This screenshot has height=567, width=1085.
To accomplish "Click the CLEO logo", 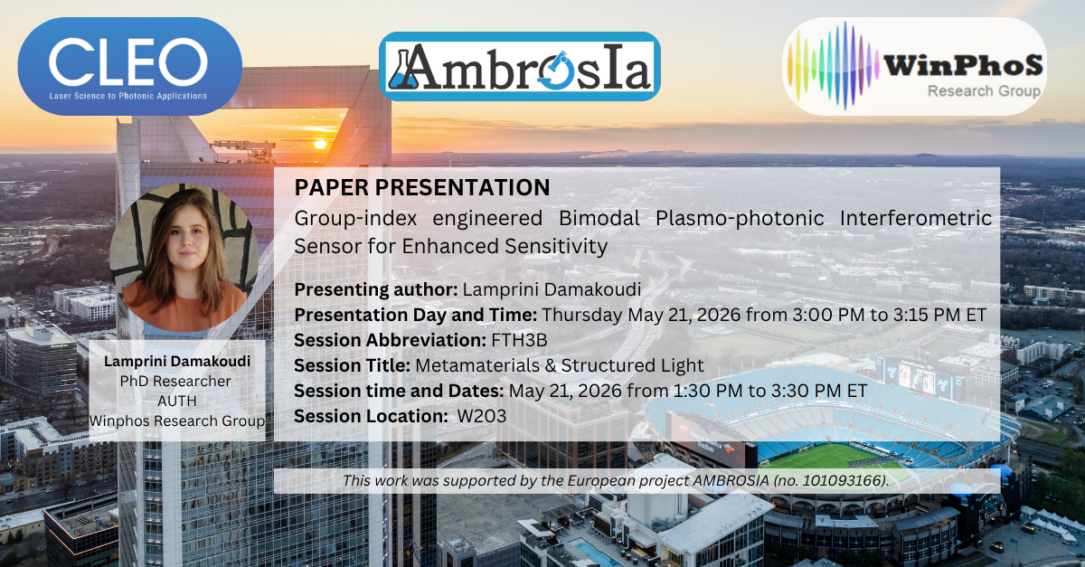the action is coord(130,66).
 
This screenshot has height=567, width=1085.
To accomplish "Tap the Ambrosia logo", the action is coord(519,66).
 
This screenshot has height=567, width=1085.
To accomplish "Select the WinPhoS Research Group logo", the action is coord(914,66).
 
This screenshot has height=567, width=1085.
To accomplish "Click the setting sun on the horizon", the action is coord(320,144).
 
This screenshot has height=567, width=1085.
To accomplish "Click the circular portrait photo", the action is coord(184,258).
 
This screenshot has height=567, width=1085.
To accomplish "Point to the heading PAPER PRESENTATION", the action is coord(422,187).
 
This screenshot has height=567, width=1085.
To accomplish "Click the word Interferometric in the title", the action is coord(915,218).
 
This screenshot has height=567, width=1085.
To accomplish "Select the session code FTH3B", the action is coord(519,340).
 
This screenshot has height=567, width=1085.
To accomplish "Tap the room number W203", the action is coord(482,416).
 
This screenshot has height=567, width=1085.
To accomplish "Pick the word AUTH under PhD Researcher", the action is coord(177,402).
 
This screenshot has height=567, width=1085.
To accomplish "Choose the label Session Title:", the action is coord(352,365).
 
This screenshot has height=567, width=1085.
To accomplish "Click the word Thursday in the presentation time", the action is coord(582,315).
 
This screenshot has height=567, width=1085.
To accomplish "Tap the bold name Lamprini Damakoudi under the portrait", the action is coord(177,362).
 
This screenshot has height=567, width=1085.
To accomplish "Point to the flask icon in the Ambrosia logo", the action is coord(403,71).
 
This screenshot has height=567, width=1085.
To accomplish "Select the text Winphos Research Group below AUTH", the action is coord(177,421).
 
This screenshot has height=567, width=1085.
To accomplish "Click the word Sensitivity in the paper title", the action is coord(556,247).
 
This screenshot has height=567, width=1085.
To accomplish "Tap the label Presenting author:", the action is coord(376,289).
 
